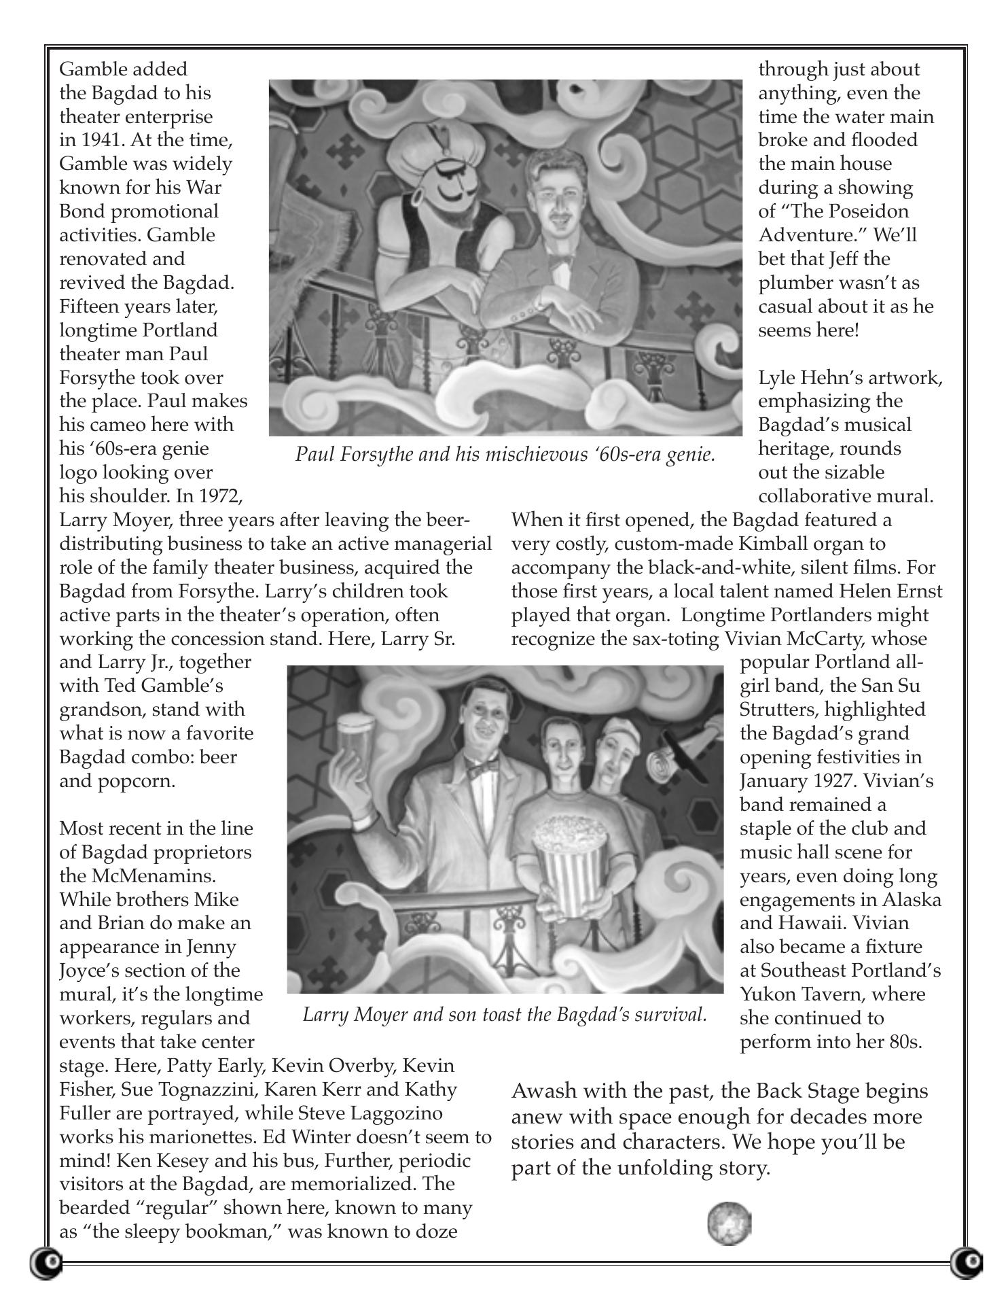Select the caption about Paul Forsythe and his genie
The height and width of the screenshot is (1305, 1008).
(505, 454)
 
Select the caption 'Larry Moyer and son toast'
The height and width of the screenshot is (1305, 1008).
(505, 1015)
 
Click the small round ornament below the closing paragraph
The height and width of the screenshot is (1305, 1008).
(730, 1223)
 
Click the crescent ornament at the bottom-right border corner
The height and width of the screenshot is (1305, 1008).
(967, 1261)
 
